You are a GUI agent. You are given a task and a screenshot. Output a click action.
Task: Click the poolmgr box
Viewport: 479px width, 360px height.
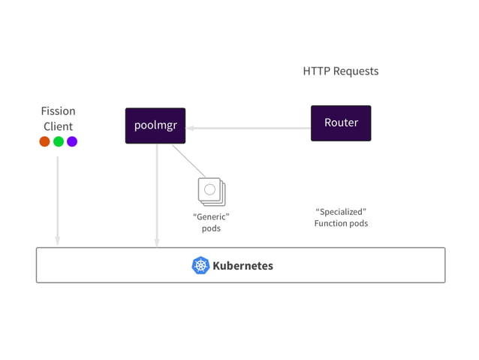[155, 125]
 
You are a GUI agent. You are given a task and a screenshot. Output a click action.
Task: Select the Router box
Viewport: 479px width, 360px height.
[341, 123]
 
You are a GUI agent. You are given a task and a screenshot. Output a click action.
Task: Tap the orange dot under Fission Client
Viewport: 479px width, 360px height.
[44, 141]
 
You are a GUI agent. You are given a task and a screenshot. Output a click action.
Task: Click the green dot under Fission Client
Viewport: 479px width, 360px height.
[59, 141]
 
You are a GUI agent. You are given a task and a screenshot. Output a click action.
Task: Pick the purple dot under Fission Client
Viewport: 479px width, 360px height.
[72, 141]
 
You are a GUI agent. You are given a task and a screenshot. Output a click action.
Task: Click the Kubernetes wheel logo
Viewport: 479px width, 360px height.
[200, 265]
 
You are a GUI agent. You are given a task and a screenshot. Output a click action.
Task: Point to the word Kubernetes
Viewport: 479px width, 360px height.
[243, 265]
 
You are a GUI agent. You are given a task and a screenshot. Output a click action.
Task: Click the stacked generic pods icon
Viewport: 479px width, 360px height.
[211, 190]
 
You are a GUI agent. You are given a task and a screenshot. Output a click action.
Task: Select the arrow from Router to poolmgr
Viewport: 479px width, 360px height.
[249, 129]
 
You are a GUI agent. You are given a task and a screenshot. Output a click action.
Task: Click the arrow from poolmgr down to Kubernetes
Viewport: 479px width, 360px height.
[157, 195]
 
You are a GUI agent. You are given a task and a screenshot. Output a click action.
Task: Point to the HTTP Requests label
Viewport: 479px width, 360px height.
[341, 71]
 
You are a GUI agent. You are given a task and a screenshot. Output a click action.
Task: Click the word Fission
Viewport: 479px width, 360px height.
[58, 111]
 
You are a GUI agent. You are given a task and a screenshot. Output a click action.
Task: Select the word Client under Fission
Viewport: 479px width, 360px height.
[58, 126]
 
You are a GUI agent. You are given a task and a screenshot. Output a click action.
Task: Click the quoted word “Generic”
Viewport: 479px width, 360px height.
[211, 216]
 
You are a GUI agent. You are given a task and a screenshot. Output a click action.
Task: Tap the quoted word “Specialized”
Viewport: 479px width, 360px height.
[341, 211]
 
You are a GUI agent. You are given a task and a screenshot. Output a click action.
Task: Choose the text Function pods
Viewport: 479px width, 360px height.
[341, 223]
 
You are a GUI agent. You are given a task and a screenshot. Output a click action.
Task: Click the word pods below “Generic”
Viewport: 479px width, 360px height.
[211, 228]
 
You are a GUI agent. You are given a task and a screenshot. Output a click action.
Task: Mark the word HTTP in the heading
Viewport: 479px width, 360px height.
[316, 71]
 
